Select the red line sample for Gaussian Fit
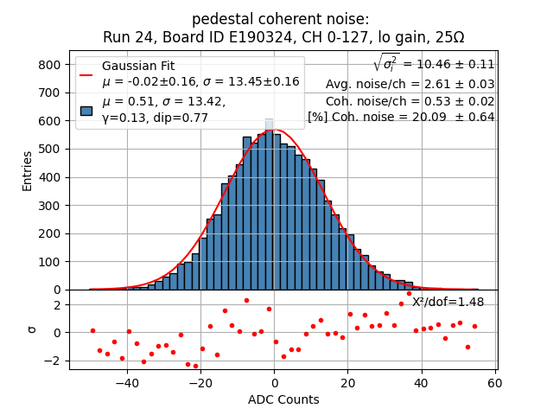86,74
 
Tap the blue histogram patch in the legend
86,110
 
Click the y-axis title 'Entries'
27,170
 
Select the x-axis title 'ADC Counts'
283,399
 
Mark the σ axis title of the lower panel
31,329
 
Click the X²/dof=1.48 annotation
448,302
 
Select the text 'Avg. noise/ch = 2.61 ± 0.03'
410,84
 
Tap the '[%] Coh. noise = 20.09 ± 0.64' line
401,117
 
